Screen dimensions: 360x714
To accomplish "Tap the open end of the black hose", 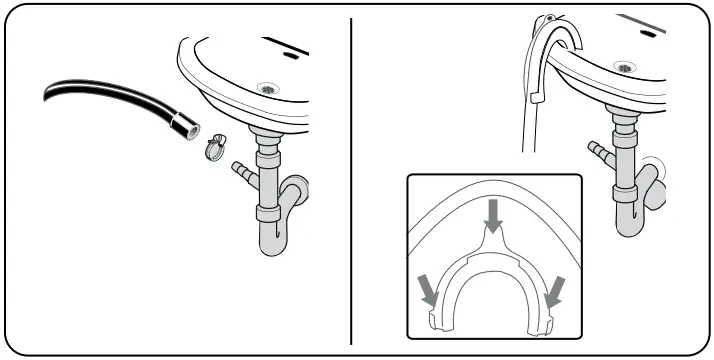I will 191,130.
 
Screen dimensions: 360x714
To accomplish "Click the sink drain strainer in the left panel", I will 267,89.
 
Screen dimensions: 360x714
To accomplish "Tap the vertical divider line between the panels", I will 352,180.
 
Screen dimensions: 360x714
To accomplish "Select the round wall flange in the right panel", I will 655,169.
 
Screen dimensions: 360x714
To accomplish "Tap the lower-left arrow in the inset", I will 427,289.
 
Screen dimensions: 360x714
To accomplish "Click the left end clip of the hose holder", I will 437,319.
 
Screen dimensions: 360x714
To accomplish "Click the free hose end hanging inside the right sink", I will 536,95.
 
